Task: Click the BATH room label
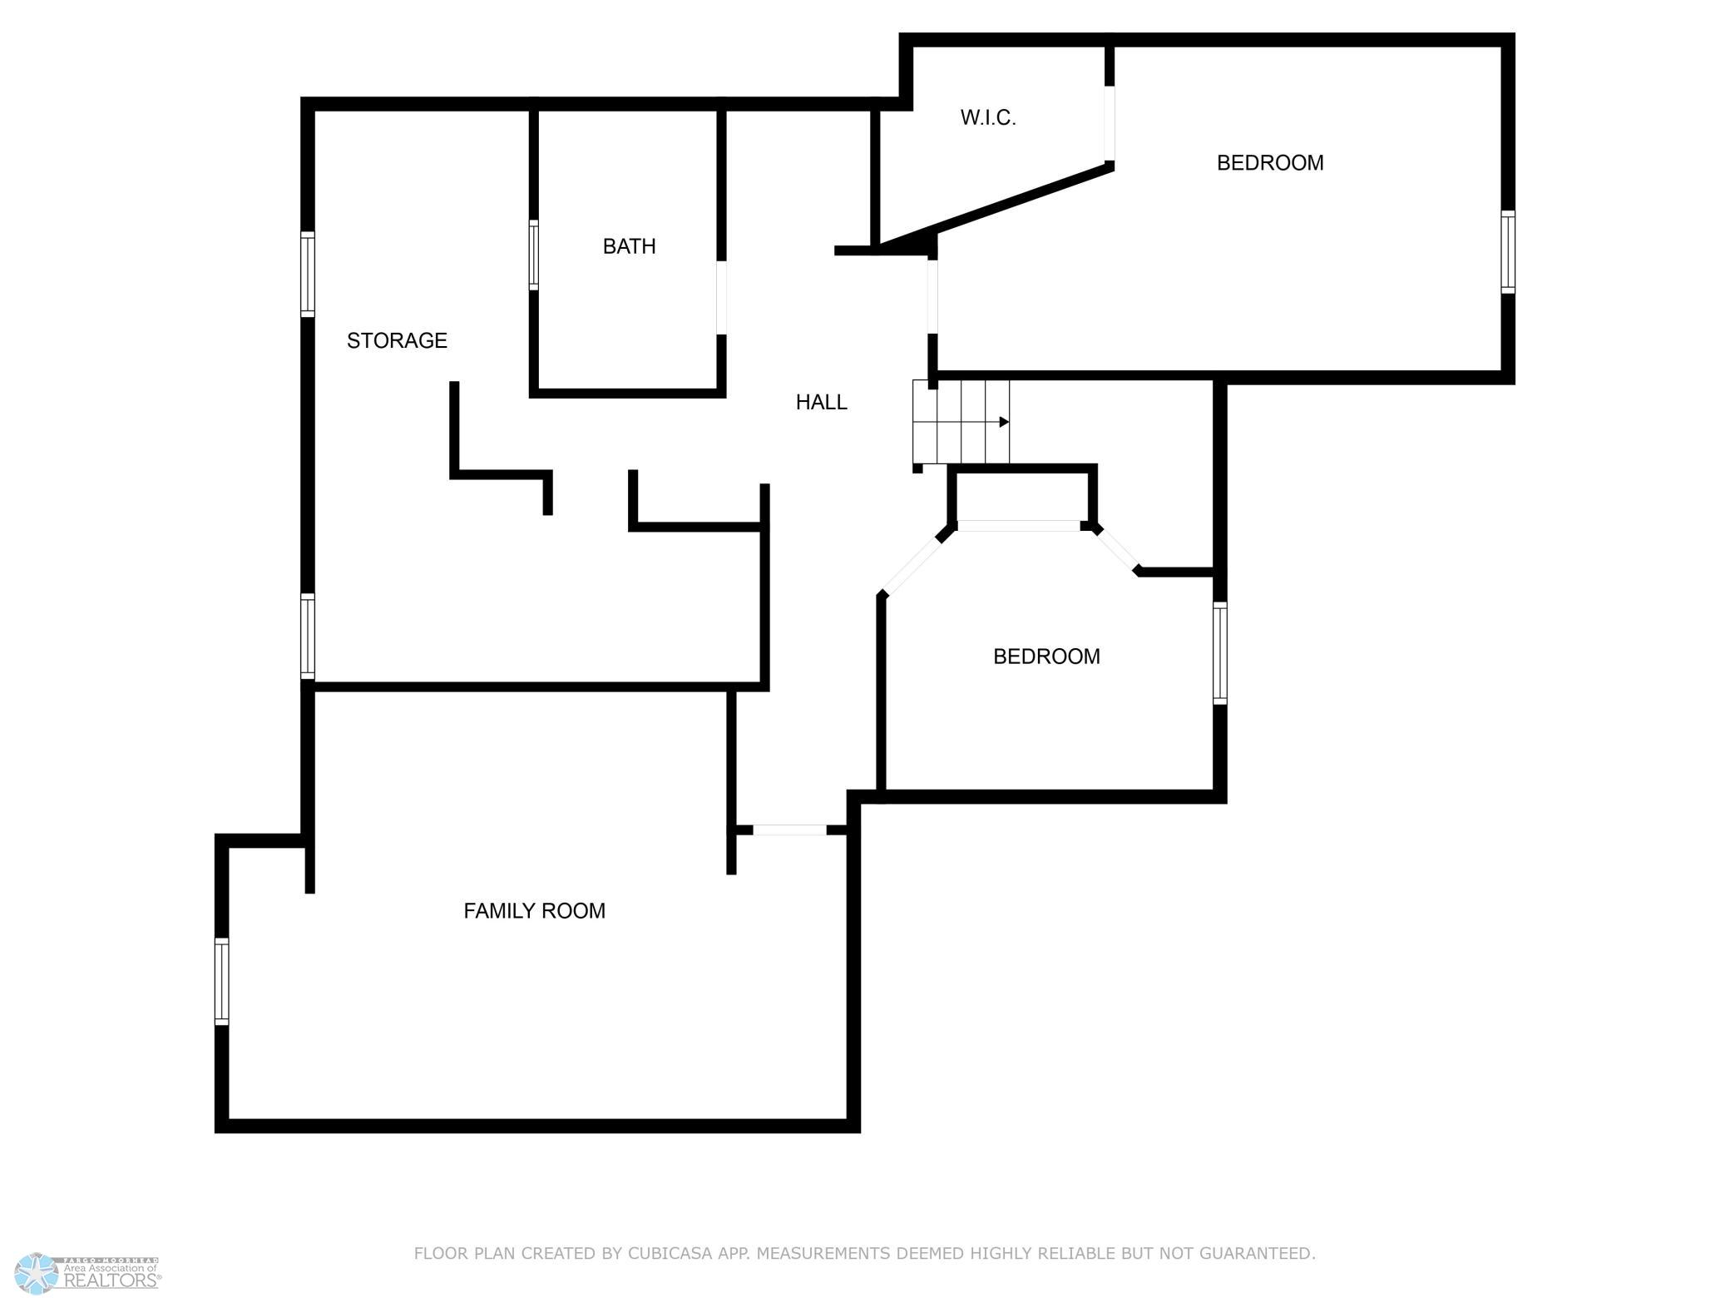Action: [x=629, y=246]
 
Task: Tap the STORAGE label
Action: [x=397, y=340]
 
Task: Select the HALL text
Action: [x=821, y=403]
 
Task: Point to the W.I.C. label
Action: [x=988, y=118]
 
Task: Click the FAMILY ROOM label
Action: [x=534, y=911]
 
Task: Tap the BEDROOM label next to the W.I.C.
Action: [x=1270, y=163]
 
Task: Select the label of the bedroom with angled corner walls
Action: [x=1046, y=656]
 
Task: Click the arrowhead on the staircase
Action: [x=1004, y=422]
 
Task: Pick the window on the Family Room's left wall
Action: [x=221, y=981]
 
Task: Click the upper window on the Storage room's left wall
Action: [x=308, y=275]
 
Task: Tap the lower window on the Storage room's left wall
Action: [x=308, y=637]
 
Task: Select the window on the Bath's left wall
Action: [x=534, y=255]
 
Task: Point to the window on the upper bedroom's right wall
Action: [x=1508, y=252]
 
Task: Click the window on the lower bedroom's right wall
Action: [x=1220, y=653]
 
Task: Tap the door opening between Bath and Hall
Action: [x=721, y=298]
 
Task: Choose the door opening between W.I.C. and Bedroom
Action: [x=1110, y=123]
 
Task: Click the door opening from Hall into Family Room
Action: [x=789, y=830]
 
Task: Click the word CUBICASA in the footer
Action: [x=671, y=1253]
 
